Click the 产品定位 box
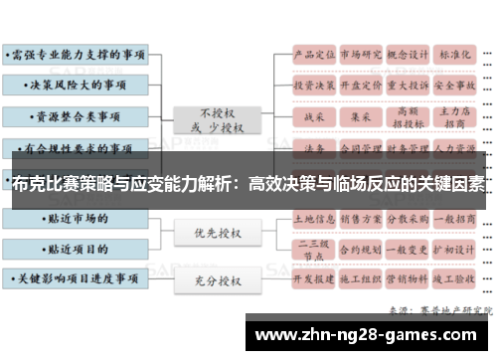click(x=313, y=56)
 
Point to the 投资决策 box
click(x=313, y=86)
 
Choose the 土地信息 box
click(x=313, y=215)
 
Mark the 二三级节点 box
click(x=313, y=247)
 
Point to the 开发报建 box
click(x=313, y=280)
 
